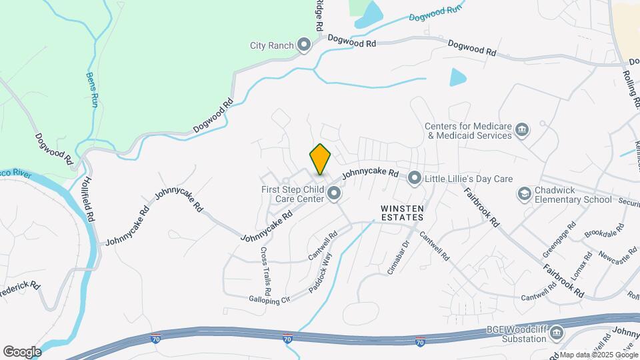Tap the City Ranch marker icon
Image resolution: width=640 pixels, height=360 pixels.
click(305, 45)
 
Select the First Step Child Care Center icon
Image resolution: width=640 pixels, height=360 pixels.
click(334, 195)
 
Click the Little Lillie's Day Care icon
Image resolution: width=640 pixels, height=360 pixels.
click(415, 178)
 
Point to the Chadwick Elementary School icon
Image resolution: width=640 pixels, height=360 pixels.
click(525, 194)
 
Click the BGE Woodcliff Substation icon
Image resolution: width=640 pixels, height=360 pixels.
click(557, 333)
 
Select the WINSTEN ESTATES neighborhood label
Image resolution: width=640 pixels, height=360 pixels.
click(402, 213)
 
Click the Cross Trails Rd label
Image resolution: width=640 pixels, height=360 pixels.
click(265, 271)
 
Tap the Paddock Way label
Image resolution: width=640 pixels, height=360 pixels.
click(320, 274)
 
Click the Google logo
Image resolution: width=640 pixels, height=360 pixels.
click(22, 351)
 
